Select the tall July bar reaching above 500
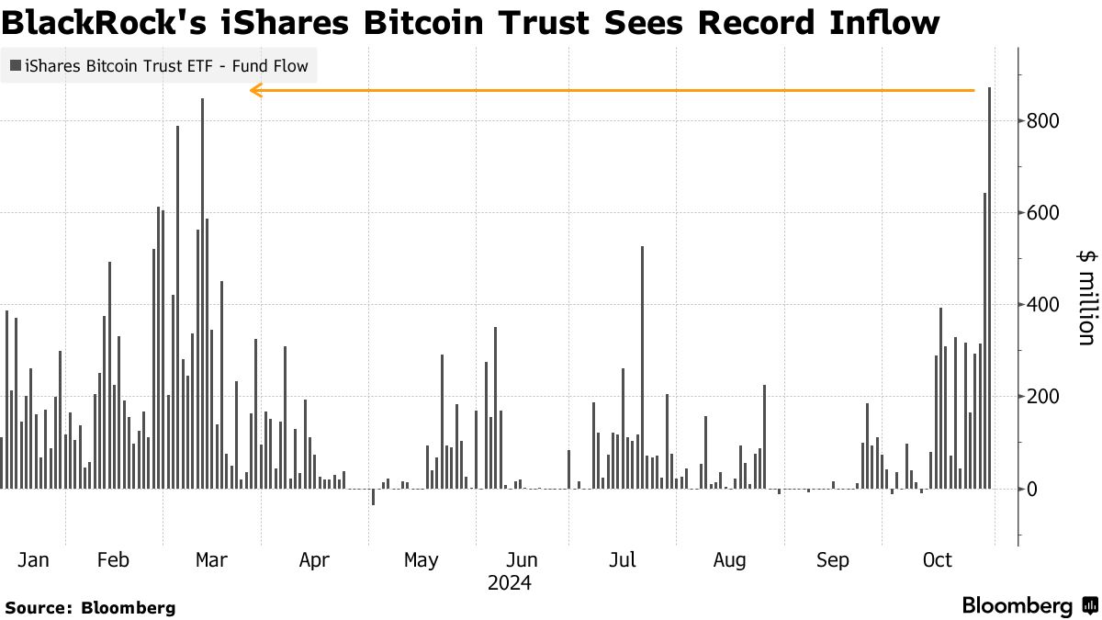coord(642,367)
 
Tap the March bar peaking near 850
coord(202,294)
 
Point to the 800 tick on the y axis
coord(1042,121)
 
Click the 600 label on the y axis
coord(1042,213)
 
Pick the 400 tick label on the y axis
coord(1042,305)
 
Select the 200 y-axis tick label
coord(1042,397)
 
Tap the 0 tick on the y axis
coord(1032,489)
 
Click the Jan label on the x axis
coord(33,560)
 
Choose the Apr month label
coord(314,560)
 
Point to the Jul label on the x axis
coord(624,560)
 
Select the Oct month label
coord(938,560)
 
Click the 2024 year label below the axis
coord(509,582)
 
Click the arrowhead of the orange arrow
coord(255,90)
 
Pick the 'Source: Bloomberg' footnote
coord(90,607)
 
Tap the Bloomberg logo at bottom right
coord(1029,606)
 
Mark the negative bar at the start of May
coord(373,497)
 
